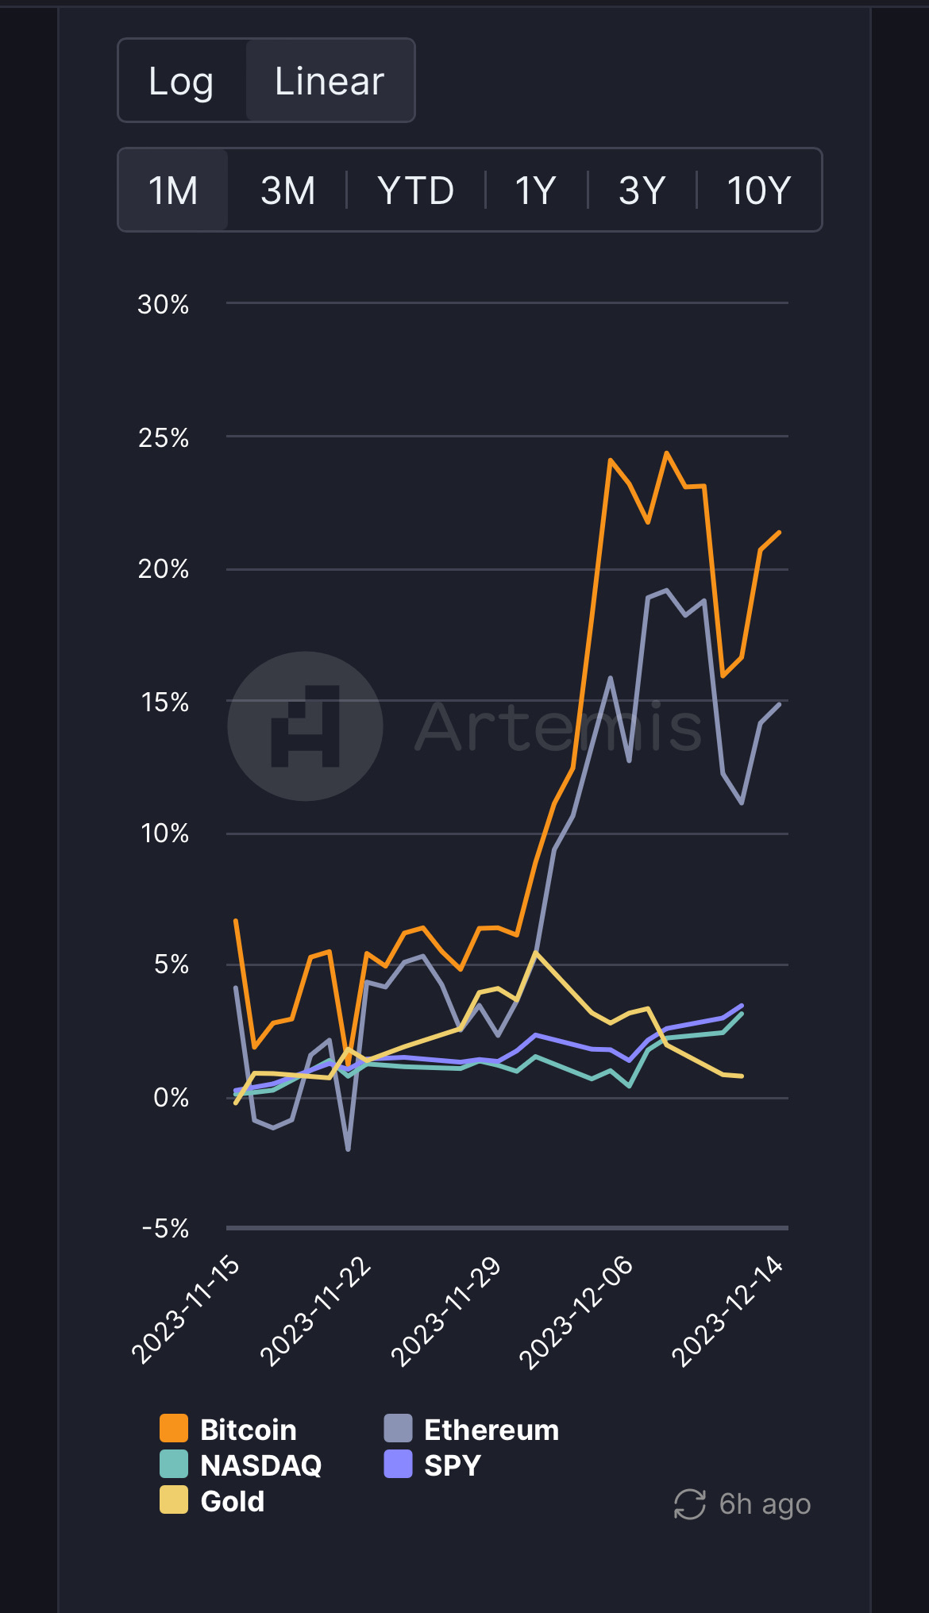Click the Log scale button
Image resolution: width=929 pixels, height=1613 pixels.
pos(181,81)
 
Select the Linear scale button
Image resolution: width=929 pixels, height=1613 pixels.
pos(330,81)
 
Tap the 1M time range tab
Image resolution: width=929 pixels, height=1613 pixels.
pos(173,191)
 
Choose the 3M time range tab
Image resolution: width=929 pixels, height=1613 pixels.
pos(288,191)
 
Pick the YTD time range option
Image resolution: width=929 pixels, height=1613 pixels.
pos(416,191)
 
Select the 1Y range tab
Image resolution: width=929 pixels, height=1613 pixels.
pos(535,191)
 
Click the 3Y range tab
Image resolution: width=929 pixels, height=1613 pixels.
pos(642,191)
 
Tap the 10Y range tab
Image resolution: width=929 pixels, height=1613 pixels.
pos(759,191)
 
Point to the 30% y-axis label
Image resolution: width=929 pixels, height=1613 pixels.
pos(164,304)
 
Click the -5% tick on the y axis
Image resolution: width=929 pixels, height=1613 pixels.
pos(165,1229)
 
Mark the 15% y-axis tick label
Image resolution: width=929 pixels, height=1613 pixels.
pos(165,703)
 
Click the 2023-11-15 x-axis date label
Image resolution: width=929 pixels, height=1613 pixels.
pos(186,1310)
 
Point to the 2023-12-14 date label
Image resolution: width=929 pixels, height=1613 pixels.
pos(727,1311)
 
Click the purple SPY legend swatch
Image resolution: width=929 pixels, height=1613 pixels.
pos(398,1465)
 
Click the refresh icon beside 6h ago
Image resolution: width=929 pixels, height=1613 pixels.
pos(689,1504)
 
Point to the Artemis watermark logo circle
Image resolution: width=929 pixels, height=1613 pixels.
pos(306,726)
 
